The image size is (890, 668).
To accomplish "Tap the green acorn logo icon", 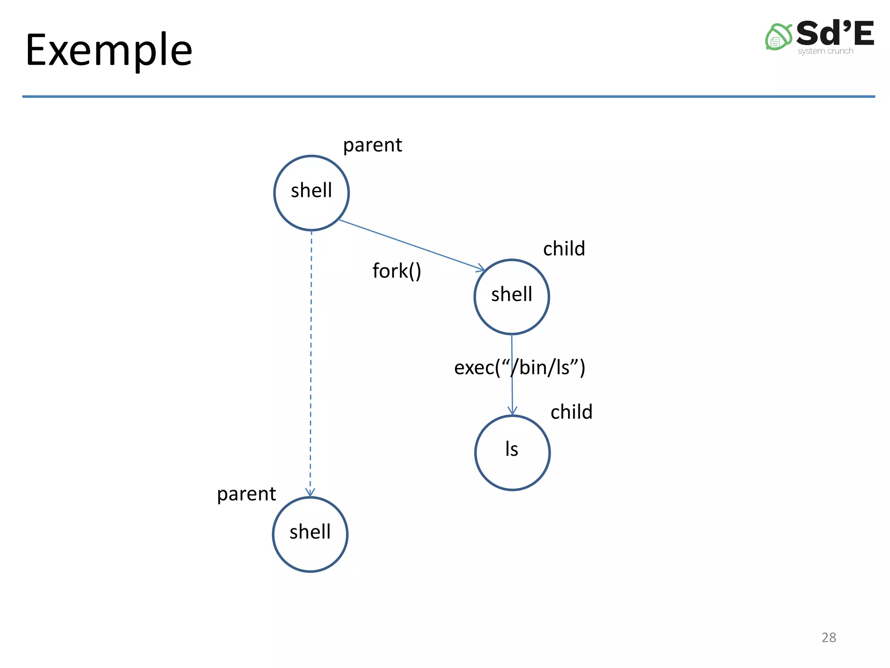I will [778, 37].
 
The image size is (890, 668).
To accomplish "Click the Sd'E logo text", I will [835, 34].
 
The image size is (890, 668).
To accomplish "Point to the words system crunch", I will [825, 51].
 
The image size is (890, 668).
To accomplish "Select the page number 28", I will [829, 637].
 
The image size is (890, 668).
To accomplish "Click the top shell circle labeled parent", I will [312, 193].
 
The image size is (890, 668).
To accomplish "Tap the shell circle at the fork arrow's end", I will [511, 297].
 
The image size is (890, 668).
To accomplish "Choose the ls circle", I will [512, 452].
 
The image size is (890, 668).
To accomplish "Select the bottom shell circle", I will [310, 534].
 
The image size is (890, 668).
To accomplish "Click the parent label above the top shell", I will [372, 145].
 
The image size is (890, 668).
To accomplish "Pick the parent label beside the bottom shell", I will [246, 494].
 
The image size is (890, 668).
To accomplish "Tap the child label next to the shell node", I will [564, 249].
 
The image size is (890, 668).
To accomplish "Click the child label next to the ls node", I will [571, 412].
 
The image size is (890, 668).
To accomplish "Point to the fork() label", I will [397, 271].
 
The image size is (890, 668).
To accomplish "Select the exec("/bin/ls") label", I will [520, 367].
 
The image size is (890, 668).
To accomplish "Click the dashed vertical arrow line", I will [311, 361].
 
